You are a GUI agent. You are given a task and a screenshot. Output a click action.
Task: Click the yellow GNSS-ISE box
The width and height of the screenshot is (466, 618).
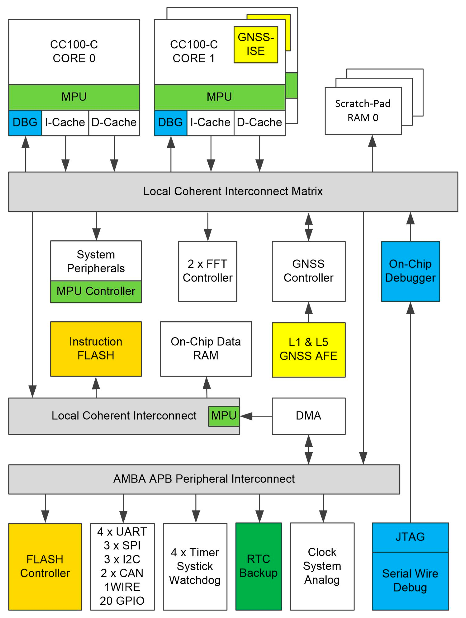coord(255,45)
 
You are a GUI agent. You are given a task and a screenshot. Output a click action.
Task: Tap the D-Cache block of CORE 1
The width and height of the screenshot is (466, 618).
coord(259,122)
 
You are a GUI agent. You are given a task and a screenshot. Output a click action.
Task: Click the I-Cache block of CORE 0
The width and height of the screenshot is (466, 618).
coord(65,122)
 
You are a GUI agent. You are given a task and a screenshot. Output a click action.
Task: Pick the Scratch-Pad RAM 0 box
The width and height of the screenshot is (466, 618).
coord(363,111)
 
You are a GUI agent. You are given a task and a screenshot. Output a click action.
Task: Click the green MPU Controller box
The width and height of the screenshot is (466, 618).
coord(96,291)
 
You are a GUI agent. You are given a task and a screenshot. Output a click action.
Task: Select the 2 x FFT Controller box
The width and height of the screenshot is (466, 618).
coord(207,271)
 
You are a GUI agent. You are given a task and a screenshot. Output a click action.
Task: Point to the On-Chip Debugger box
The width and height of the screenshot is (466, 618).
coord(410,271)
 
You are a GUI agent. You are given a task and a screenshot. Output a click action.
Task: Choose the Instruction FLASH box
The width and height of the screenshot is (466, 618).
coord(96,349)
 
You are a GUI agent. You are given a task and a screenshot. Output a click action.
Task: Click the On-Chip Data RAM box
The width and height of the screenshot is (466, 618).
coord(206,349)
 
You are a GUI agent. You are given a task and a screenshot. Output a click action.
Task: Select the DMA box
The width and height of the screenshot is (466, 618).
coord(308,416)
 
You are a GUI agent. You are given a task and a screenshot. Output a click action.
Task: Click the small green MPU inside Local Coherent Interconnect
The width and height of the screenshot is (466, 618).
coord(224,416)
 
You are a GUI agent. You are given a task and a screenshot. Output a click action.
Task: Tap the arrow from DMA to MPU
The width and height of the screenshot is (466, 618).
coord(256,416)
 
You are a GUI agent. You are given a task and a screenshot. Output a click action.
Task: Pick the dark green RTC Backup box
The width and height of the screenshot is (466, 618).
coord(258,566)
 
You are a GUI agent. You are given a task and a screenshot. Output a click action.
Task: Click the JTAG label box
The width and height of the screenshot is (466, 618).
coord(410,537)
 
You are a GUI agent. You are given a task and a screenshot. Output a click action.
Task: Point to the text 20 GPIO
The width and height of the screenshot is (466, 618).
coord(122,601)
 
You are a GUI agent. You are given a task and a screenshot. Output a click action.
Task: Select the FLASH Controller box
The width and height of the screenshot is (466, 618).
coord(45,566)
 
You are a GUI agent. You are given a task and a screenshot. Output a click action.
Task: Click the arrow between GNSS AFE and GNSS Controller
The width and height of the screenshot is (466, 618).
coord(308,312)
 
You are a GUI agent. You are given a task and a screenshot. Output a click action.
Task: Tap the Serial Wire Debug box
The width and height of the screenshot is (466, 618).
coord(410,581)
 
